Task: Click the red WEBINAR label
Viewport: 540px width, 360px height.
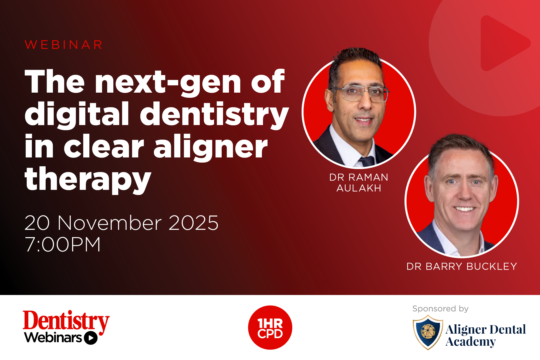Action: pos(63,45)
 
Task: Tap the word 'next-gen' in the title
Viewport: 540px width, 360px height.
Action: pos(168,82)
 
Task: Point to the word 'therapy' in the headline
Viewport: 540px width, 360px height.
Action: pos(88,180)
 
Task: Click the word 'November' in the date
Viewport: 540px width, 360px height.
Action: pos(110,223)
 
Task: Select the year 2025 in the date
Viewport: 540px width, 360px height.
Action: pos(193,223)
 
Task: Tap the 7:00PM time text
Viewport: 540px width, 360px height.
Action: pos(63,244)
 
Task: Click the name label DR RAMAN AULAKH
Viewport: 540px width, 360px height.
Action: pos(359,183)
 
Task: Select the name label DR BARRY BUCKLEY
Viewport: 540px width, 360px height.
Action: pos(462,266)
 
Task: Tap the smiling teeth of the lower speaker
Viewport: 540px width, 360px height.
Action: pos(464,209)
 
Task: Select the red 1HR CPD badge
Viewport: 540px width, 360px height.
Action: pos(270,328)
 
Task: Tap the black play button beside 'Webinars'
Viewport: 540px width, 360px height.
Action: pos(91,338)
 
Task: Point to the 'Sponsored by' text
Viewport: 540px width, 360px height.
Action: pos(440,308)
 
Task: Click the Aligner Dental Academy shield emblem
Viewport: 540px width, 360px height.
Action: pos(428,332)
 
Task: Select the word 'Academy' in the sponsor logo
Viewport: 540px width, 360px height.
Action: pos(471,342)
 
